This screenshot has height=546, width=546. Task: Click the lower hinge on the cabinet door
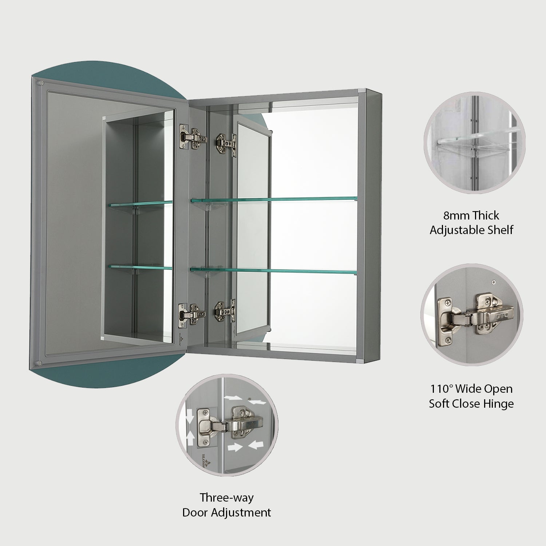191,314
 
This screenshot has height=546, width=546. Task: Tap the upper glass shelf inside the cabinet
274,199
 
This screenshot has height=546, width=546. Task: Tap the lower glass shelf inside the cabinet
274,270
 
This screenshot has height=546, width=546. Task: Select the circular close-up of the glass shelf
475,143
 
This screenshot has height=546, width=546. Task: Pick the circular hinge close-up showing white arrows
227,425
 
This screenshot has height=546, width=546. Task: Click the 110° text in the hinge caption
441,389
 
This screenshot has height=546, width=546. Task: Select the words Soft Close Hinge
471,404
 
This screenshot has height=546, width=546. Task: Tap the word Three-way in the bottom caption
226,498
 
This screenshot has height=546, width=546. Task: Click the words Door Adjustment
226,513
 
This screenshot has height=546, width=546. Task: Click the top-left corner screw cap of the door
41,83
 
